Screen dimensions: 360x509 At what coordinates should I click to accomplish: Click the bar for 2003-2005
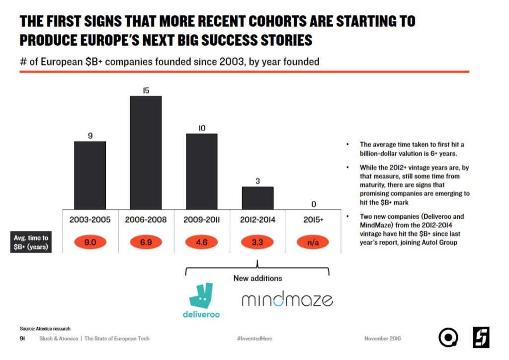(90, 175)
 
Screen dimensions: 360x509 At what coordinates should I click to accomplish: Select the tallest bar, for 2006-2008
(146, 152)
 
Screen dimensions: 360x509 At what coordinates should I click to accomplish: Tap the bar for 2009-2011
(202, 171)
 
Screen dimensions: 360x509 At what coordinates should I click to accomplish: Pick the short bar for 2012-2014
(257, 198)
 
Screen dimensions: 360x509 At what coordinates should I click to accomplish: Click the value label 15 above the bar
(146, 90)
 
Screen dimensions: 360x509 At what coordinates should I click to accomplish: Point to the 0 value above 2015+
(314, 204)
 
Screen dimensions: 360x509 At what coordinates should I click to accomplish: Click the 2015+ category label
(314, 219)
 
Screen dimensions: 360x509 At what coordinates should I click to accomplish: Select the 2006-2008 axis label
(146, 219)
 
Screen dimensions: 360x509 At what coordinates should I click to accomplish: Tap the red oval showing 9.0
(90, 243)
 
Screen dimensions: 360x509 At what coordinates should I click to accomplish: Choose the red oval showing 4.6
(202, 243)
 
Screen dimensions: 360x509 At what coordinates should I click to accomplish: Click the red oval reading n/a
(314, 243)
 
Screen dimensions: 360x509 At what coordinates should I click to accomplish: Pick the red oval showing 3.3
(257, 243)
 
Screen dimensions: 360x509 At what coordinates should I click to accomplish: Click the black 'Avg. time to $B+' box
(31, 243)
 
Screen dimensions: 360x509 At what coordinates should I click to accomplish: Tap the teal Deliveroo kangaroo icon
(201, 295)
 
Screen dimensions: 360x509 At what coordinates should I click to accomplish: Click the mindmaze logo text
(287, 299)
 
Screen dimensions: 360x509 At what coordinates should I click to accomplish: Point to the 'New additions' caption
(257, 278)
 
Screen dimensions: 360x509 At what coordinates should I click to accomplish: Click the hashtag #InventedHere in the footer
(254, 339)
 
